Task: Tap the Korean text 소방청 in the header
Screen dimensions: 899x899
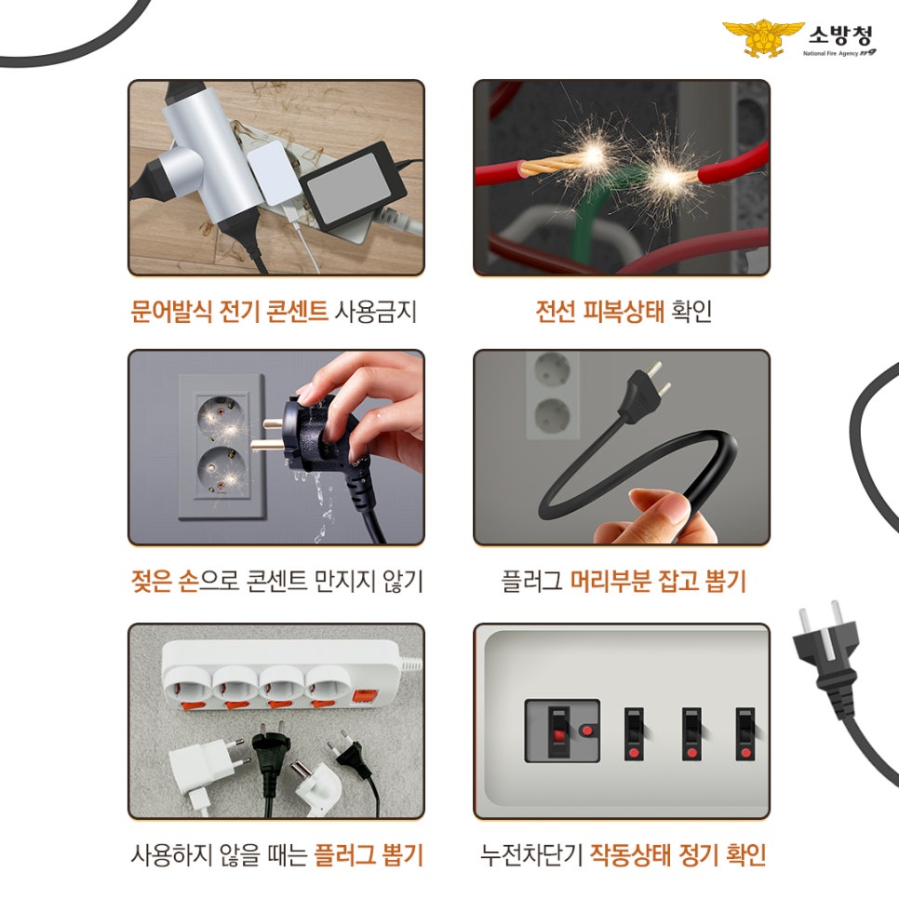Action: pyautogui.click(x=840, y=36)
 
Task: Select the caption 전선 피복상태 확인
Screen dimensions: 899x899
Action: pyautogui.click(x=623, y=311)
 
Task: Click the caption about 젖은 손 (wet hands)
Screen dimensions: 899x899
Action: pyautogui.click(x=275, y=582)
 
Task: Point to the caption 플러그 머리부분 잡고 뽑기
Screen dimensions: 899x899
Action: pyautogui.click(x=623, y=582)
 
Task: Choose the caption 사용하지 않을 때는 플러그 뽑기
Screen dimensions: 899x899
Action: pyautogui.click(x=275, y=854)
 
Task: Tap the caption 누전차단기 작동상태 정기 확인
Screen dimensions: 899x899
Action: pyautogui.click(x=623, y=854)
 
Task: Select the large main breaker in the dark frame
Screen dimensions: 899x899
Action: pyautogui.click(x=561, y=730)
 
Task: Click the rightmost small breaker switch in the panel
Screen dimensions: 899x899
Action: pyautogui.click(x=745, y=732)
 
